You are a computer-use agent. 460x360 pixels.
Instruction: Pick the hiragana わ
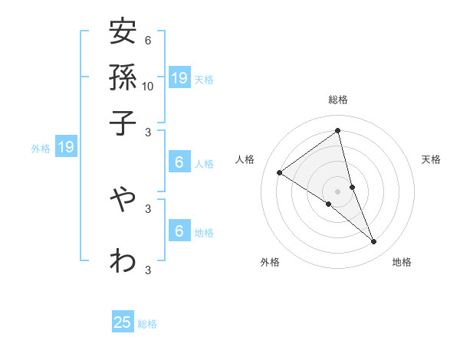(x=123, y=260)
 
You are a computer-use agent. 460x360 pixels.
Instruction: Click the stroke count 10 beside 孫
(x=148, y=86)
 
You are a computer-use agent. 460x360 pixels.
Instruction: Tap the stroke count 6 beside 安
(x=147, y=41)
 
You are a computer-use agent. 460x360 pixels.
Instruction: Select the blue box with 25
(x=123, y=322)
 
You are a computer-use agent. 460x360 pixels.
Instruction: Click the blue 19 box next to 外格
(x=66, y=147)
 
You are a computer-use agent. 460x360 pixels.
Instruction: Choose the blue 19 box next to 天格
(x=179, y=77)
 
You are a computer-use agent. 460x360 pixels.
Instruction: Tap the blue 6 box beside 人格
(x=179, y=162)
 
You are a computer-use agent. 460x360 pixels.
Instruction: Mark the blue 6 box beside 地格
(x=179, y=231)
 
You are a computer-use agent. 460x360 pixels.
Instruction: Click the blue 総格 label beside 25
(x=147, y=324)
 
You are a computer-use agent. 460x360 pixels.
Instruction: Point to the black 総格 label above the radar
(x=338, y=100)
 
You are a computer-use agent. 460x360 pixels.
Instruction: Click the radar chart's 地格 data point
(x=374, y=241)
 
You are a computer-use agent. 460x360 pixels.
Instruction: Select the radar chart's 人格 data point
(x=279, y=172)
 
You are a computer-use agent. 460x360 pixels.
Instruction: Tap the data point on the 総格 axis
(x=338, y=131)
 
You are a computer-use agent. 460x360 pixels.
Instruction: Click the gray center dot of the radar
(x=338, y=191)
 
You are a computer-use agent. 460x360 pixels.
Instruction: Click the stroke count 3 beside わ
(x=147, y=270)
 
